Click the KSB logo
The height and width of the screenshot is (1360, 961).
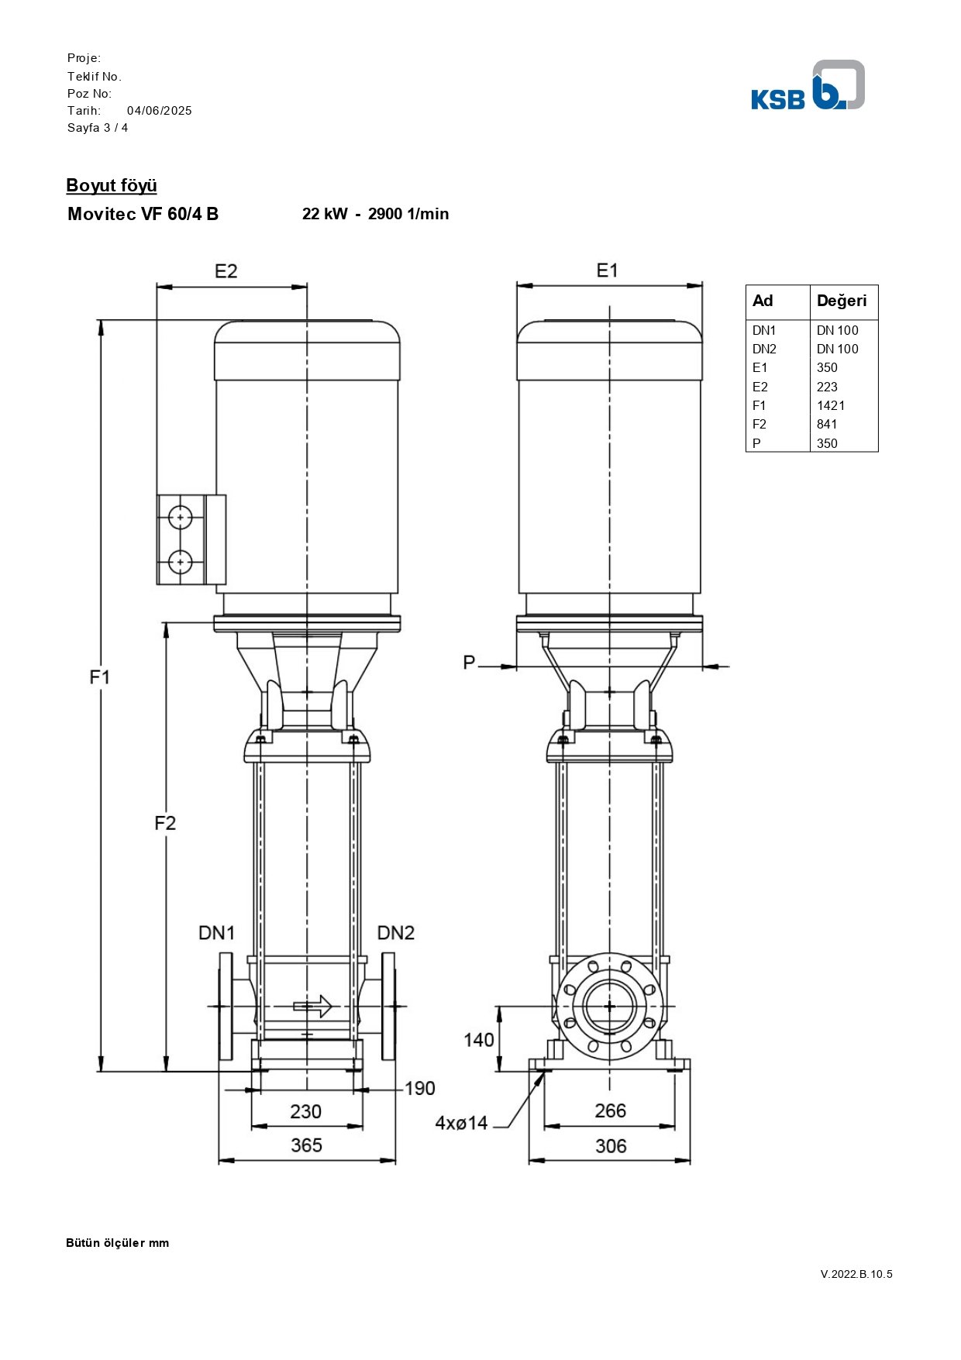tap(808, 85)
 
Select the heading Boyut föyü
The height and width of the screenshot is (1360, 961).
tap(112, 186)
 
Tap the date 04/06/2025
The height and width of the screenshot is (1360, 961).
tap(160, 111)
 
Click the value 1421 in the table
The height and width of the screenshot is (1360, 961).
tap(831, 405)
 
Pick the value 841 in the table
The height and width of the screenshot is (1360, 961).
tap(827, 424)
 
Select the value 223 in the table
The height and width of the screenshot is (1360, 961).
tap(827, 387)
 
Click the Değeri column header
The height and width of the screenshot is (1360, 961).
tap(842, 301)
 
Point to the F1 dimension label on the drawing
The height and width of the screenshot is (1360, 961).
tap(100, 677)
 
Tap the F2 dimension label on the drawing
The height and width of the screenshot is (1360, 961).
tap(165, 823)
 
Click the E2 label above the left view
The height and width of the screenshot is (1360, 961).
tap(226, 271)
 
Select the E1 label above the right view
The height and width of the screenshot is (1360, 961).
tap(607, 270)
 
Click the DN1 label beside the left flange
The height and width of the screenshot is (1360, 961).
tap(216, 933)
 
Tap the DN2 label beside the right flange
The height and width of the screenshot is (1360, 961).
tap(396, 933)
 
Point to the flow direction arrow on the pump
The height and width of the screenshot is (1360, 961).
tap(312, 1007)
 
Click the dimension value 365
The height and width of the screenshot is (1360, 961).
tap(306, 1145)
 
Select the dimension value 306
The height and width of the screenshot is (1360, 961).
tap(611, 1146)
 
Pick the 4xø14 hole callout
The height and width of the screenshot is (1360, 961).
tap(461, 1123)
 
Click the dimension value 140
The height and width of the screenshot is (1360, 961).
tap(479, 1040)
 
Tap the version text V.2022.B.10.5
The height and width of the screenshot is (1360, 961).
tap(856, 1274)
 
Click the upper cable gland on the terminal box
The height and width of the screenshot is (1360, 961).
tap(180, 517)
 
